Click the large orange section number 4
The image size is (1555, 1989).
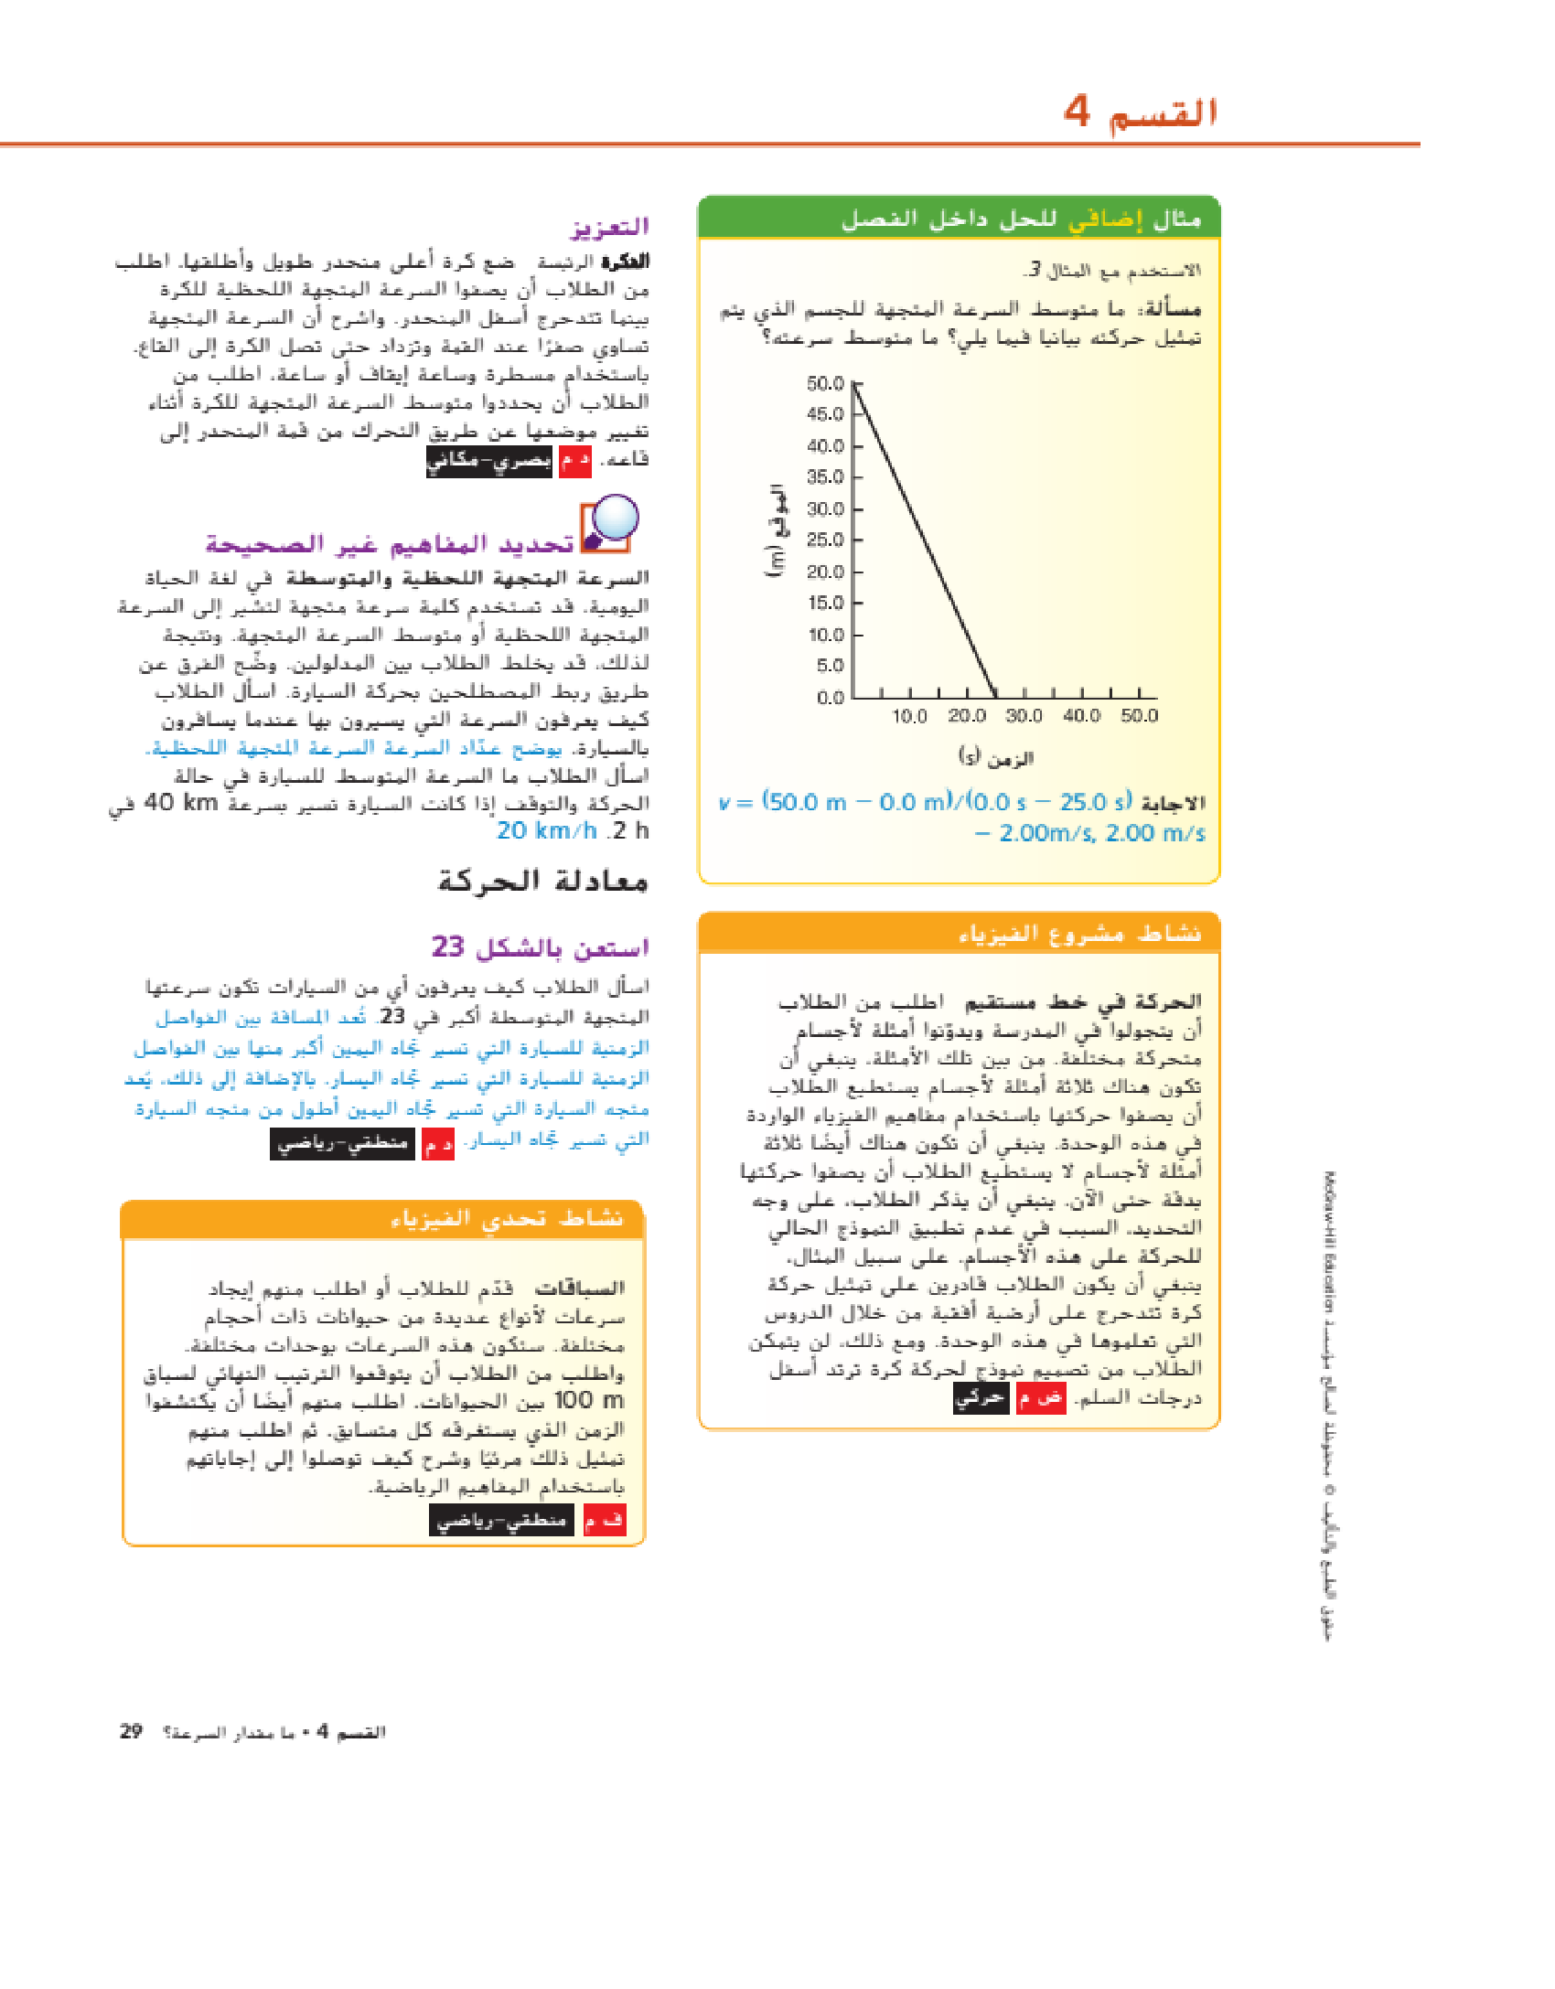1077,112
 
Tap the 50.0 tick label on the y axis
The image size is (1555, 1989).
825,384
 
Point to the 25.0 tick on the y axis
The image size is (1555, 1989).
825,540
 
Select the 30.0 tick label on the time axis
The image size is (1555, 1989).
1024,716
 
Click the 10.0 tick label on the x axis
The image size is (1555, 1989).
909,716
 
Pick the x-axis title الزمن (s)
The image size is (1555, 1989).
995,757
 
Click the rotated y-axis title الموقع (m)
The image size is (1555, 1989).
776,530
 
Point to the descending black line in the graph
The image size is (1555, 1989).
924,540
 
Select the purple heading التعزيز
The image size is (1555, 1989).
609,227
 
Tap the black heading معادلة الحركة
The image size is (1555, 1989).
542,882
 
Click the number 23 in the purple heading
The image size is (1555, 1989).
448,946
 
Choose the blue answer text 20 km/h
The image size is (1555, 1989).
546,831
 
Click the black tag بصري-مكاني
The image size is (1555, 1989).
489,460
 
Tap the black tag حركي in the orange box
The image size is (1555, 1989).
981,1398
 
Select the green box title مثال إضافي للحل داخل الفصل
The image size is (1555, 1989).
1020,219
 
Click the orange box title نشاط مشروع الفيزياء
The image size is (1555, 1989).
1079,934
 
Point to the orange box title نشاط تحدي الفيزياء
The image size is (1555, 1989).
507,1219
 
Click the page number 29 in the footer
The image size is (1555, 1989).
131,1731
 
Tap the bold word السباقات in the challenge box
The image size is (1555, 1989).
580,1289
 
